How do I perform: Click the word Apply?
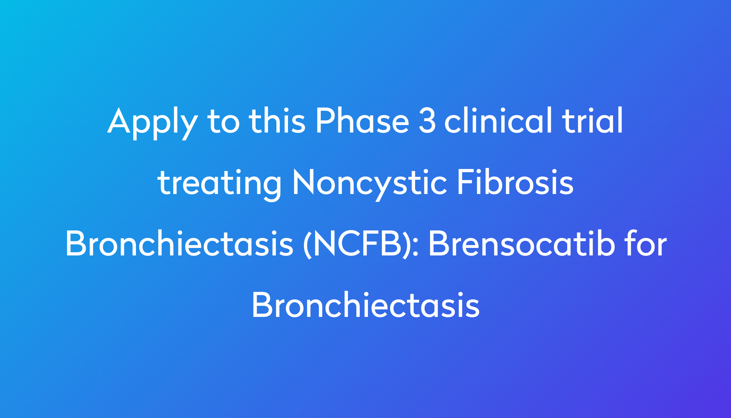152,123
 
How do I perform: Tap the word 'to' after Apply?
224,121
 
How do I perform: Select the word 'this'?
277,120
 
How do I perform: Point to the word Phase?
362,120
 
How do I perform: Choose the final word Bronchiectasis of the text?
365,305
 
